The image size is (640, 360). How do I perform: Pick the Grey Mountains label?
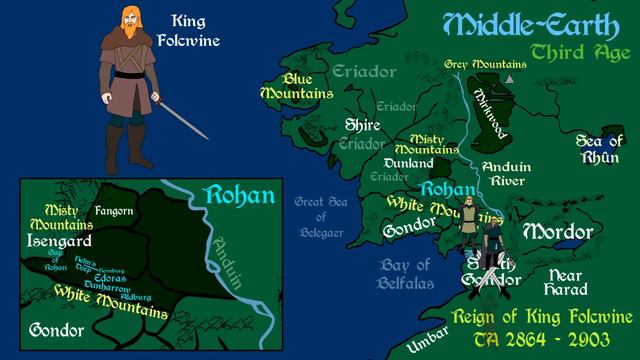[484, 62]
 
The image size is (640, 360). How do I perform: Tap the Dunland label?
[408, 163]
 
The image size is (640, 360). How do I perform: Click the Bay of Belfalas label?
[404, 273]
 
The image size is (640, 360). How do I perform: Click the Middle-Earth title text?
[510, 25]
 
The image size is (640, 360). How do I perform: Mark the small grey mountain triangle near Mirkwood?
[513, 77]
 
